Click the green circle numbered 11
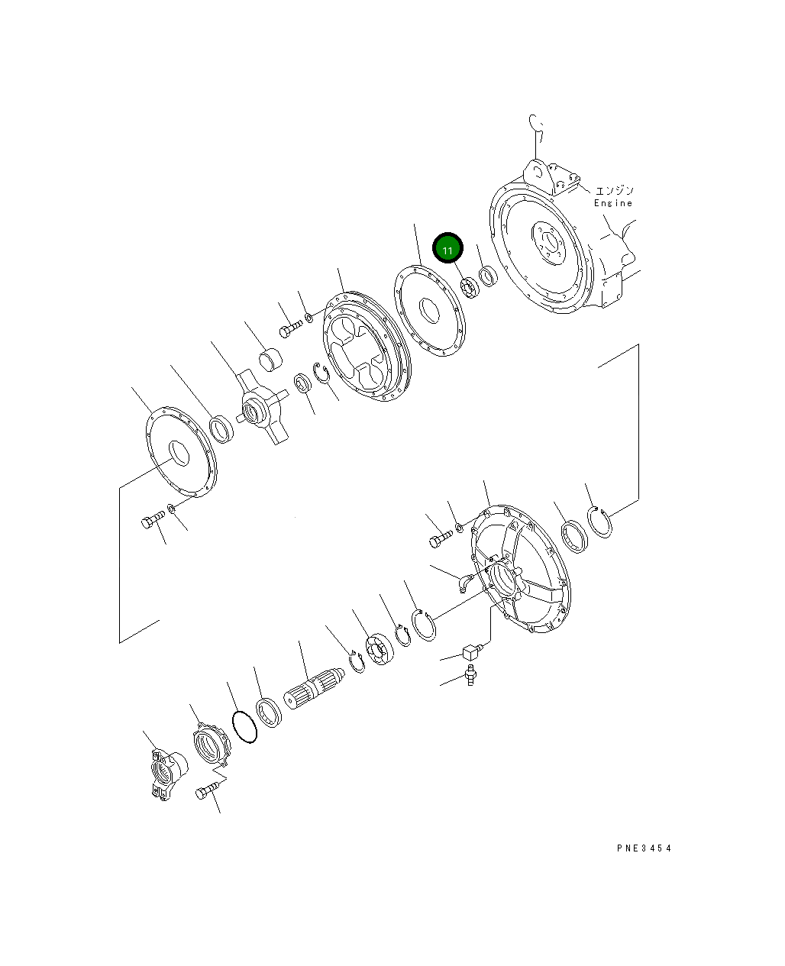pos(448,249)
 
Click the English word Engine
pos(613,203)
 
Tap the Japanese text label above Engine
pos(613,190)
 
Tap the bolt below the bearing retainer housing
pos(208,791)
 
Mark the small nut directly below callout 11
pos(469,288)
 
